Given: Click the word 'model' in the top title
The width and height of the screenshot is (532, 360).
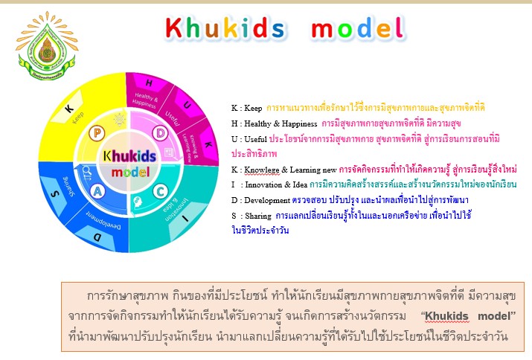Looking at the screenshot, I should (x=357, y=29).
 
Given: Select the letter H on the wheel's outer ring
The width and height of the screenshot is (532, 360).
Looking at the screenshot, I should (x=149, y=82).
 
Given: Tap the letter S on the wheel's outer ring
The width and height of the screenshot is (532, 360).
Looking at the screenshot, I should (x=52, y=193).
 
